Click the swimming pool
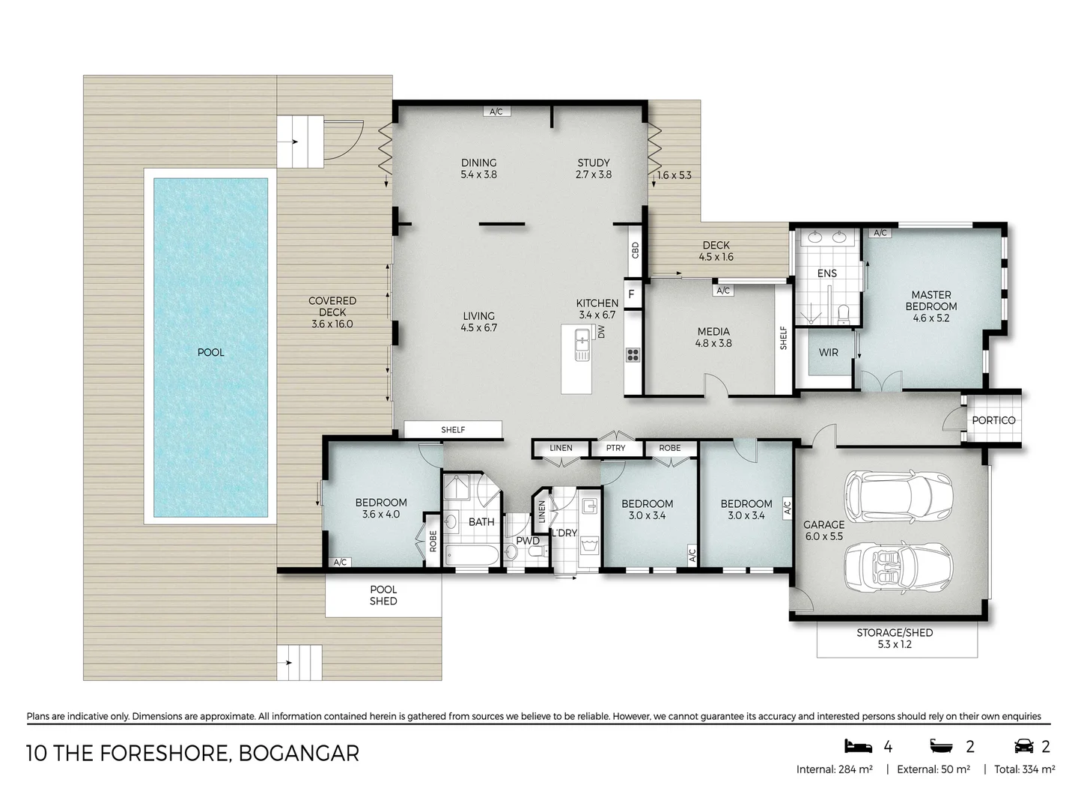210,348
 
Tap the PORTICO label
993,420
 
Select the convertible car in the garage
898,569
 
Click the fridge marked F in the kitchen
633,294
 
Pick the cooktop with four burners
633,354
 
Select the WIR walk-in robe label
828,353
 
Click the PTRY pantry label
615,448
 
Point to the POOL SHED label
383,596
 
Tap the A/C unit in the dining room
496,112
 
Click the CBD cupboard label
636,250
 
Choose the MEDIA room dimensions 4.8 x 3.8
713,343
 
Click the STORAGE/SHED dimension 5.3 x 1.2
895,644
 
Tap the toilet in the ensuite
844,315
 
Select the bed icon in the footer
858,746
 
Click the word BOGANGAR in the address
299,754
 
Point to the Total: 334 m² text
1024,769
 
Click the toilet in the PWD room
538,552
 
